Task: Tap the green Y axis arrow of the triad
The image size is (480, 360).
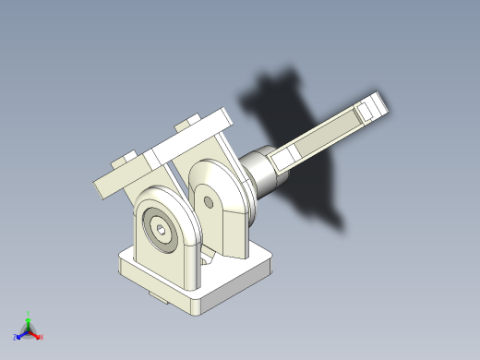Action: tap(29, 315)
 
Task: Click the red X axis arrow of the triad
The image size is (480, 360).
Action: tap(40, 337)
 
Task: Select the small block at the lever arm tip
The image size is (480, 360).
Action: tap(374, 107)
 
